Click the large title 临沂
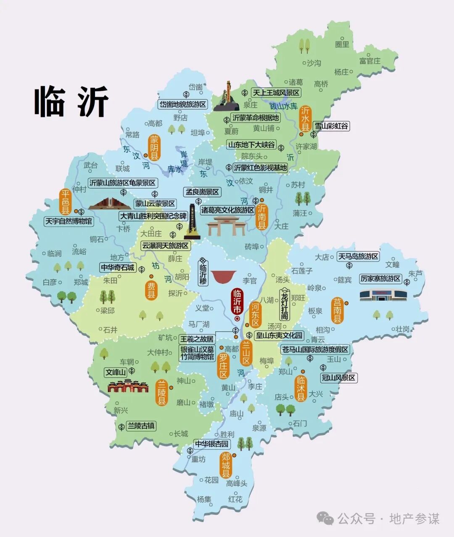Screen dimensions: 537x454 tap(71, 102)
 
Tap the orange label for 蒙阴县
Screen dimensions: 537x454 tap(155, 148)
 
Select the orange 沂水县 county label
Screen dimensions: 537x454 tap(305, 118)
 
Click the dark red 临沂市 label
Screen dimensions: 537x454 tap(237, 301)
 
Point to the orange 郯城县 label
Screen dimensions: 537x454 tap(226, 465)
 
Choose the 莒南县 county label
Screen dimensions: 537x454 tap(337, 311)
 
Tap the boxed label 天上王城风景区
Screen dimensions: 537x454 tap(276, 93)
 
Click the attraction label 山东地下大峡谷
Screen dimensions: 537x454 tap(251, 145)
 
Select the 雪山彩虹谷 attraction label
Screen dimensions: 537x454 tap(331, 126)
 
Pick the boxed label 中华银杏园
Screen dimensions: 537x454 tap(212, 444)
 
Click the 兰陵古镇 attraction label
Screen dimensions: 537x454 tap(141, 426)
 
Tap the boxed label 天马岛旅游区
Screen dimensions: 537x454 tap(359, 256)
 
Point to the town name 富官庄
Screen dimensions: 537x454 tap(370, 61)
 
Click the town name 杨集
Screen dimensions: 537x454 tap(204, 499)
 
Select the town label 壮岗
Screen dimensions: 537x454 tap(403, 329)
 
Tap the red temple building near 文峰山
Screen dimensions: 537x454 tap(128, 386)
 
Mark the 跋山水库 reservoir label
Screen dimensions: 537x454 tap(283, 106)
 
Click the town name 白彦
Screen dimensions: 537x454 tap(50, 282)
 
